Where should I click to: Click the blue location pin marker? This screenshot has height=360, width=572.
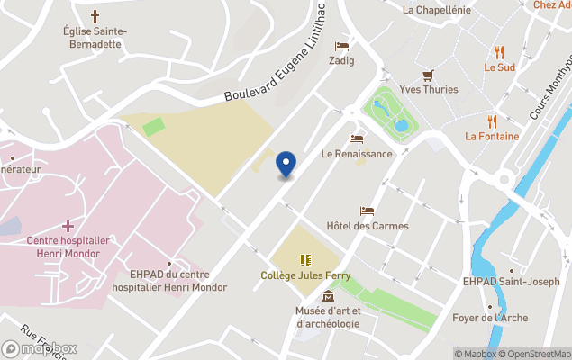pos(286,165)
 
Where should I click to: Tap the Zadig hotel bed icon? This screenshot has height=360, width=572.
pos(341,46)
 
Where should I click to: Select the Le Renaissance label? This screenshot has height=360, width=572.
pos(357,154)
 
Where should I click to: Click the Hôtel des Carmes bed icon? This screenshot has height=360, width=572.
pos(367,211)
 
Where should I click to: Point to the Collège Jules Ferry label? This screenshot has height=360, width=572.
pos(305,275)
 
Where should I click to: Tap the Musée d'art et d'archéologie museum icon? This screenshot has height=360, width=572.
pos(328,296)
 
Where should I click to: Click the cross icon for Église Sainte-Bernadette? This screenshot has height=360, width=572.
pos(95,17)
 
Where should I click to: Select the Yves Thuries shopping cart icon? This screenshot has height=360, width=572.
pos(429,76)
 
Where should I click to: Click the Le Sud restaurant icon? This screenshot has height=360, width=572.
pos(499,52)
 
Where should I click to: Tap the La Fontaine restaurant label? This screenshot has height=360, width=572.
pos(492,137)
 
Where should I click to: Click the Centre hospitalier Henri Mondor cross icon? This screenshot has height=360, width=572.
pos(68,226)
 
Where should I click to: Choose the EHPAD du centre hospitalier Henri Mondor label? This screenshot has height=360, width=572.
pos(169,281)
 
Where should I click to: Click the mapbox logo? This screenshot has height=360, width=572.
pos(40,348)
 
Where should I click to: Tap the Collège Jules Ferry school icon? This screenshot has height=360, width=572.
pos(305,259)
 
